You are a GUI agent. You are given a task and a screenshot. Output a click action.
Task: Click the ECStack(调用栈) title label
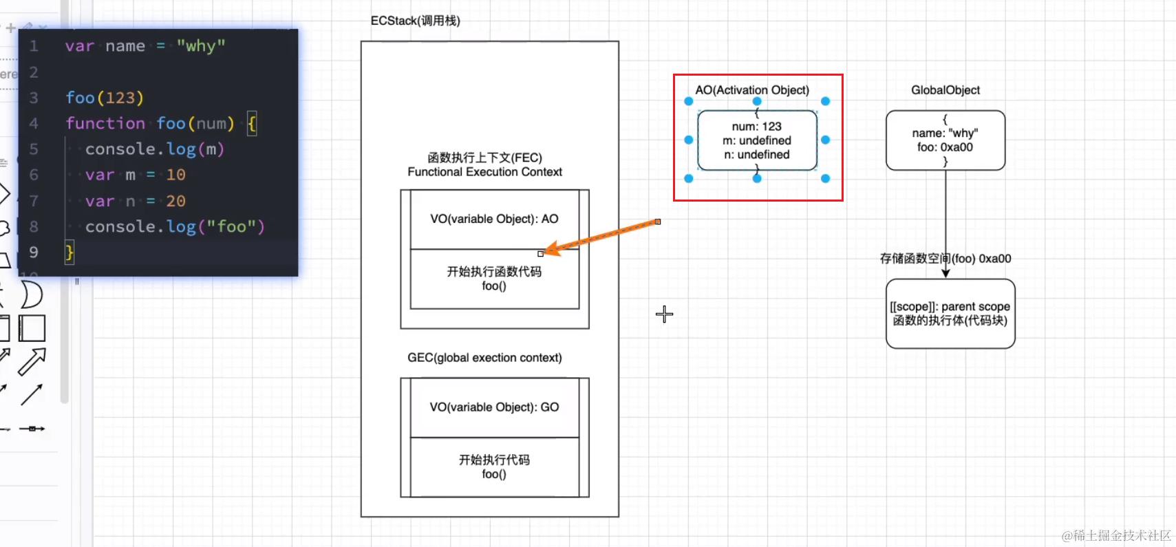[x=415, y=21]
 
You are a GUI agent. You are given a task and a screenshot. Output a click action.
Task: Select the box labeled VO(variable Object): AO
[x=494, y=219]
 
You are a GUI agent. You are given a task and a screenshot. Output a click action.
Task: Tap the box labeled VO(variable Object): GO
[x=494, y=407]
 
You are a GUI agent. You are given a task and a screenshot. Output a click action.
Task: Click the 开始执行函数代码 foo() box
[x=494, y=279]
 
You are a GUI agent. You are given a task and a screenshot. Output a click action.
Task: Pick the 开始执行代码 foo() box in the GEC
[x=494, y=466]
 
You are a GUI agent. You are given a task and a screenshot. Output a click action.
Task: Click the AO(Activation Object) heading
[x=752, y=90]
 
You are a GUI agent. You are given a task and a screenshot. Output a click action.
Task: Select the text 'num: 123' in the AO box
[x=756, y=127]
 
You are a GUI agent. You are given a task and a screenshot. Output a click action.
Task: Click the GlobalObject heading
[x=945, y=90]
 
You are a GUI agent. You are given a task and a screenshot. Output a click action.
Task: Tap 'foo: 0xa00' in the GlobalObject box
[x=945, y=147]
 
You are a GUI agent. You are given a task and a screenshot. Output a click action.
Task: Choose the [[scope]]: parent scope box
[x=950, y=314]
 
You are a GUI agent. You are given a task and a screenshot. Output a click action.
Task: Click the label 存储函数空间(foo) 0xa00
[x=945, y=259]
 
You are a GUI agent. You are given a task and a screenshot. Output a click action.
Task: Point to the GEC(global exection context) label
[x=484, y=358]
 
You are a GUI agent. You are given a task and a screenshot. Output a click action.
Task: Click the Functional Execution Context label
[x=484, y=172]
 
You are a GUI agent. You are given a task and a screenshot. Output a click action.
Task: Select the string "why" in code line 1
[x=201, y=46]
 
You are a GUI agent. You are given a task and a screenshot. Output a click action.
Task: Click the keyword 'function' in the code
[x=105, y=123]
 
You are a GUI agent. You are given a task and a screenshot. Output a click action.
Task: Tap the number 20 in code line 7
[x=175, y=201]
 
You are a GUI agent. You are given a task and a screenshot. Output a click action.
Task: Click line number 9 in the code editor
[x=34, y=253]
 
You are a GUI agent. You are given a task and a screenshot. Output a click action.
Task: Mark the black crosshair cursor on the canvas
[x=664, y=314]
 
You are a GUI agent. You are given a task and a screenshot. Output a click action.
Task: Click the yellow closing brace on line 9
[x=69, y=252]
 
